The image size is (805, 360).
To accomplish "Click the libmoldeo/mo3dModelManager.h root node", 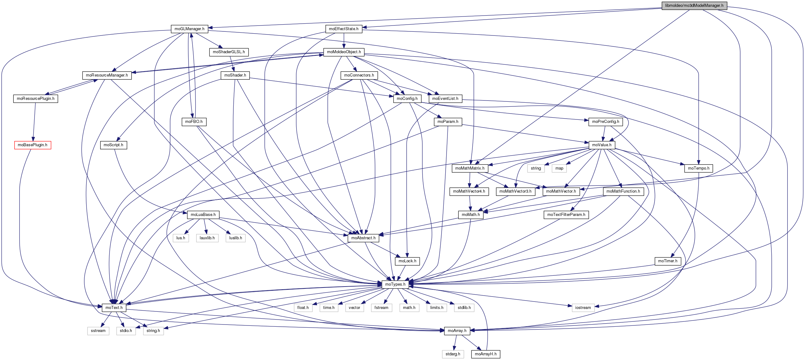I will tap(694, 6).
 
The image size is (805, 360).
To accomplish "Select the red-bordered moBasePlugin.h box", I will tap(32, 145).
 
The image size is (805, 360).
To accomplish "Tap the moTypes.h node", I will tap(395, 284).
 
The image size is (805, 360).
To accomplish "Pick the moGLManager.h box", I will tap(190, 29).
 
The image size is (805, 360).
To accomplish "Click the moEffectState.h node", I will tap(344, 29).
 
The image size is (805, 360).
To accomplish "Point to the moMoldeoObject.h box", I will tap(344, 52).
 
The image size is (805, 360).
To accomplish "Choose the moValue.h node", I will tap(601, 145).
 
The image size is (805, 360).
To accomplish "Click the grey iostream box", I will tap(583, 307).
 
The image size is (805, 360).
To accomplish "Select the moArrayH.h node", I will tap(485, 354).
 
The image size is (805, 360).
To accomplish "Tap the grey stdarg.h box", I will tap(452, 354).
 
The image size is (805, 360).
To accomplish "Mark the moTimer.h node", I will tap(667, 261).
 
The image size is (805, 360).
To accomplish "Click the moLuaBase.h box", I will tap(203, 215).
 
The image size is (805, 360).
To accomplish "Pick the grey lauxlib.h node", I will tap(207, 238).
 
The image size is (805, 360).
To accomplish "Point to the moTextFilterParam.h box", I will tap(566, 215).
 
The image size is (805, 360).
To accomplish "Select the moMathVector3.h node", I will tap(515, 191).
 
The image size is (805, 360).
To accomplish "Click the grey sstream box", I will tap(98, 331).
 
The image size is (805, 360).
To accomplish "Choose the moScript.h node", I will tap(113, 145).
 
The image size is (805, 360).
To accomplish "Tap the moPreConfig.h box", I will tap(605, 122).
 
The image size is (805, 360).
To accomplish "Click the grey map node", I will tap(559, 168).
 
